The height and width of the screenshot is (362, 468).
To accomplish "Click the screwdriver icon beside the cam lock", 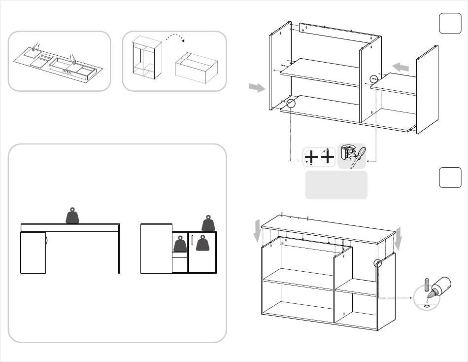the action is [x=357, y=157].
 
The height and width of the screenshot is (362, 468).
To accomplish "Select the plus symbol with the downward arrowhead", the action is [x=311, y=157].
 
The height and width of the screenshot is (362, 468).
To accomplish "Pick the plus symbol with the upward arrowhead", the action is [x=328, y=156].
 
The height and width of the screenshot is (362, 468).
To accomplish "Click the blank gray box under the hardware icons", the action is [x=336, y=185].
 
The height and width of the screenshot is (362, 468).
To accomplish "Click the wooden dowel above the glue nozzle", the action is [x=427, y=285].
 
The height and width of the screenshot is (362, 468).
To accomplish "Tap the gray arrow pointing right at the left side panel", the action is [x=256, y=87].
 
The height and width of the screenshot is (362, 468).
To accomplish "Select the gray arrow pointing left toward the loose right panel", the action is [x=401, y=67].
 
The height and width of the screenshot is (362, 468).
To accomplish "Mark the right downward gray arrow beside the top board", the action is [x=399, y=237].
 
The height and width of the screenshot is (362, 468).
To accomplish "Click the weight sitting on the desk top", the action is [x=73, y=216].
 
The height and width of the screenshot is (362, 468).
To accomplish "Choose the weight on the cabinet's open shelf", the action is [x=180, y=244].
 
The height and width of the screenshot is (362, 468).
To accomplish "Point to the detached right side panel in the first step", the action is [x=427, y=89].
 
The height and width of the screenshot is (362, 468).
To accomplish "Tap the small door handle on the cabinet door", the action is [x=192, y=243].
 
